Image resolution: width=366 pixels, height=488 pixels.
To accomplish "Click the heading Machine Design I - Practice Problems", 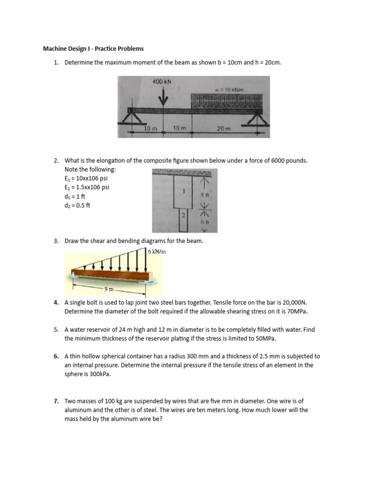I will (x=93, y=49).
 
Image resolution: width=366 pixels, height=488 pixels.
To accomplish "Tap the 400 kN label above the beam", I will (x=162, y=81).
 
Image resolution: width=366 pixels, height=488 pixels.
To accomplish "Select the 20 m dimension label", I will (x=224, y=129).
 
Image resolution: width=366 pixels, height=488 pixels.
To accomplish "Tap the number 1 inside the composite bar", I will (x=183, y=191).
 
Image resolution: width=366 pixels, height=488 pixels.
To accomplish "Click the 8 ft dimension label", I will (x=203, y=195).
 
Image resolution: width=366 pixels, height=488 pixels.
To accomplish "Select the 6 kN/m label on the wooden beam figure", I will (x=156, y=252).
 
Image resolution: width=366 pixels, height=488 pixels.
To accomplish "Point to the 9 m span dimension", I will (x=109, y=288).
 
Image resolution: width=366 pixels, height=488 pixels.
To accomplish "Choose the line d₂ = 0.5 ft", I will (x=77, y=205).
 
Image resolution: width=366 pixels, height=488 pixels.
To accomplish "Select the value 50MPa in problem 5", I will (x=264, y=338).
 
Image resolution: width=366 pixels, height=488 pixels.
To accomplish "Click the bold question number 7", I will (x=56, y=401).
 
